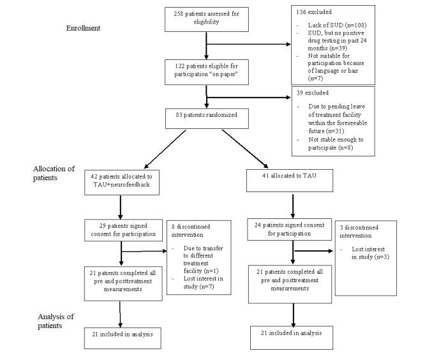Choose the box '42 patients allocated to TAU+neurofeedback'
(120, 181)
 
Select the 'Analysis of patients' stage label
(50, 321)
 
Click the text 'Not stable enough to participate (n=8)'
(342, 146)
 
